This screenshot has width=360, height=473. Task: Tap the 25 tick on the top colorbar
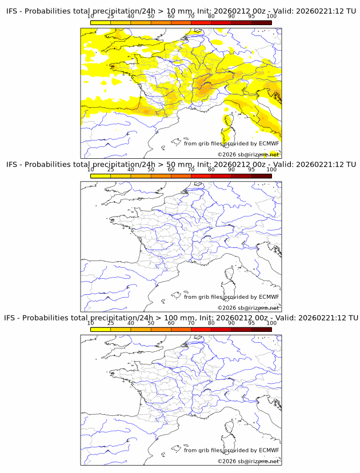(110, 16)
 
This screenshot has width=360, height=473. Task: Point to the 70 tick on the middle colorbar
(191, 170)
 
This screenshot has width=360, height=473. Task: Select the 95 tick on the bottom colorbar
(251, 323)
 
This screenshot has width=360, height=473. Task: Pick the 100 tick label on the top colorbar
(271, 16)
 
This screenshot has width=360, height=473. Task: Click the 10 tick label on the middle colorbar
(90, 170)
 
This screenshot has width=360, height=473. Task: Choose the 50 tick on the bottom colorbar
(151, 323)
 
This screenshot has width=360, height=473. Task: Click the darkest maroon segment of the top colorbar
(261, 22)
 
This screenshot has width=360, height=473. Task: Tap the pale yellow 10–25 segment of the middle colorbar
(101, 176)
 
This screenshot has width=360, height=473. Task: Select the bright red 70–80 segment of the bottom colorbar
(201, 329)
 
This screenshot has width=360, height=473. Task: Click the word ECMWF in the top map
(269, 143)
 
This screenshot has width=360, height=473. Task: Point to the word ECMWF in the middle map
(269, 296)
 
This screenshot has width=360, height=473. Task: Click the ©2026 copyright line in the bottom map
(248, 461)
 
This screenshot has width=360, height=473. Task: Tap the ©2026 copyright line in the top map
(248, 155)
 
